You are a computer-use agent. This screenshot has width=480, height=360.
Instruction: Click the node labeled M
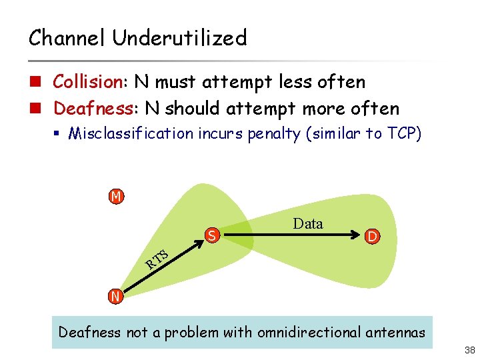click(116, 197)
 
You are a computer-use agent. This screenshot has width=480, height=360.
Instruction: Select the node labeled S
click(212, 235)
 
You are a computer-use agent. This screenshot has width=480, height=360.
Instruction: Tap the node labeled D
click(373, 236)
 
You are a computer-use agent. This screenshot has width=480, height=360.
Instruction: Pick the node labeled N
click(116, 296)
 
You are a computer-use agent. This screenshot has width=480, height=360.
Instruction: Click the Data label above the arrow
click(308, 224)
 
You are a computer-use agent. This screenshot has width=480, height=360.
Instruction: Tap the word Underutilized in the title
click(179, 38)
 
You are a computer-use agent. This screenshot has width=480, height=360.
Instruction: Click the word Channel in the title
click(67, 38)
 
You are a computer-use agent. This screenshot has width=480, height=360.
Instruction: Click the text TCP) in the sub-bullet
click(402, 133)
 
